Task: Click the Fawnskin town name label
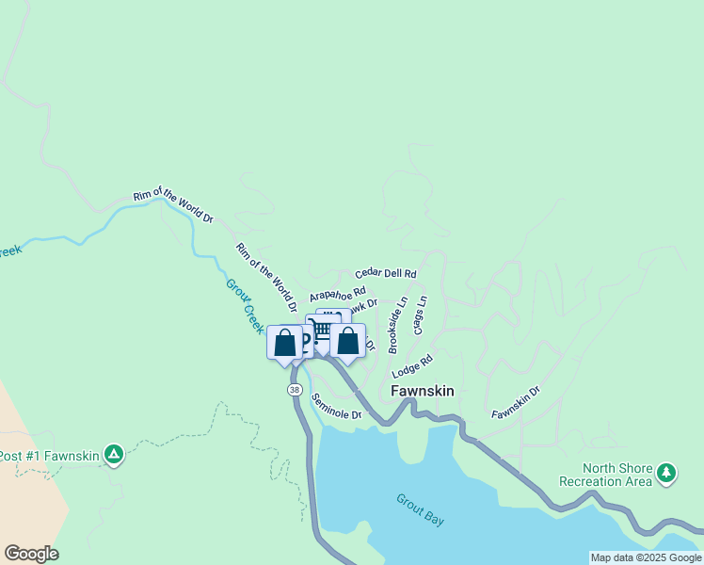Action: [423, 391]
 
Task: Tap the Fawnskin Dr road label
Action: [516, 400]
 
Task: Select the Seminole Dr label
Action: [337, 407]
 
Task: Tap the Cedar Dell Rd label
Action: [385, 272]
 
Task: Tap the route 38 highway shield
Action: [296, 389]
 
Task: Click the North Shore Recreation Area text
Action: [616, 475]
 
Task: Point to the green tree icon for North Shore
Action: [667, 472]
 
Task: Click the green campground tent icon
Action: [114, 456]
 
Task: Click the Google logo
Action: [30, 554]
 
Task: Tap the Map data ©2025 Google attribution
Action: [646, 557]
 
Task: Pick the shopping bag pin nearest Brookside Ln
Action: [347, 341]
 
